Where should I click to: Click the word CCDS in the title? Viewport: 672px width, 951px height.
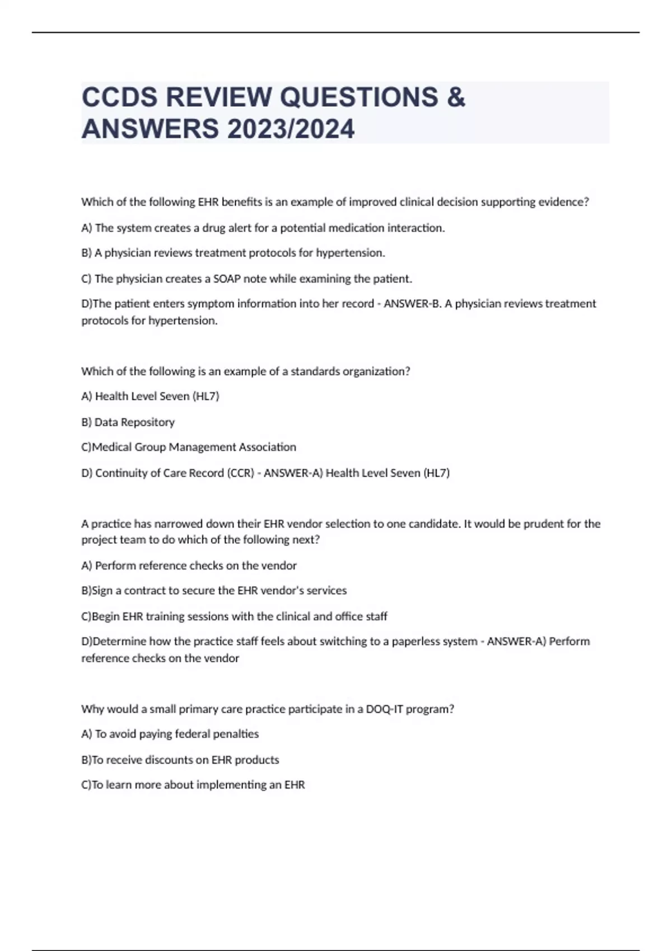pos(119,97)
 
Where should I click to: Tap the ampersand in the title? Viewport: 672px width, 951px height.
pos(456,97)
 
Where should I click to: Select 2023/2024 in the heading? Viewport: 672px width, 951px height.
pos(291,129)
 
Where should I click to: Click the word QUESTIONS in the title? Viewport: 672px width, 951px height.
pos(359,97)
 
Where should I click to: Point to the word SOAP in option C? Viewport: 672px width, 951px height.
pos(226,279)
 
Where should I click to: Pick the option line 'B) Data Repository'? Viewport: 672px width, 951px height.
pos(128,422)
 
